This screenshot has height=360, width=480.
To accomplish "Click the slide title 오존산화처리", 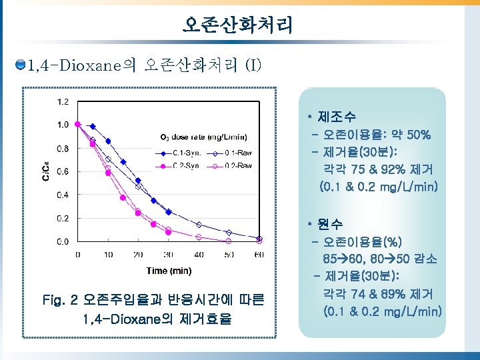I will [x=237, y=26].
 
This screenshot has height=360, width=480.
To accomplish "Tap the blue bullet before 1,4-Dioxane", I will [x=21, y=65].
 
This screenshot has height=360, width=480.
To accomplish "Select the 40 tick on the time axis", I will [x=198, y=254].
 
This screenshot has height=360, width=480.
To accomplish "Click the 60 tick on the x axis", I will [x=259, y=254].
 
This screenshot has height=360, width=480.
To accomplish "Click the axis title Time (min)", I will [x=169, y=270].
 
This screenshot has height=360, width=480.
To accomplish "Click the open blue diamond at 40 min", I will [x=199, y=225].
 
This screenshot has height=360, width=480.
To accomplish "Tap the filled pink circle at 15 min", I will [x=123, y=197].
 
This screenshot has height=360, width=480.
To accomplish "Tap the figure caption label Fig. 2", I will [x=61, y=301].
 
